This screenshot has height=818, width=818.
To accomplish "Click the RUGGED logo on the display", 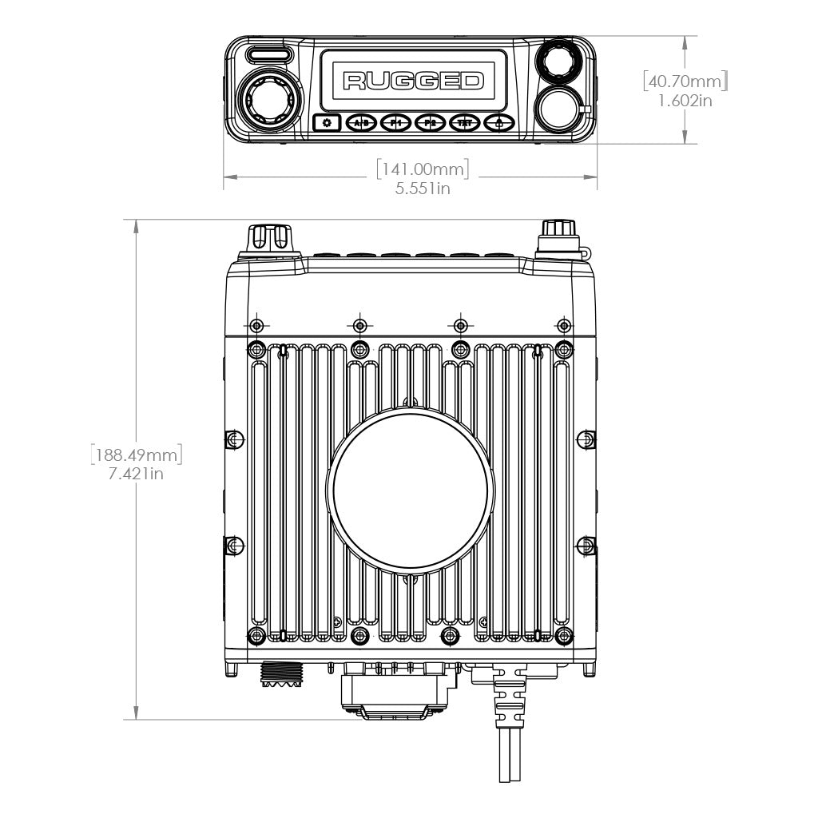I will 413,80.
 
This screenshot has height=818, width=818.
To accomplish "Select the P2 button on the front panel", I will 430,123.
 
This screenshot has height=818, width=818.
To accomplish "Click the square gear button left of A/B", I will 326,123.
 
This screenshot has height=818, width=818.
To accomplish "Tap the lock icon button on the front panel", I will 498,123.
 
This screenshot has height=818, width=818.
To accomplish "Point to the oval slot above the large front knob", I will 268,55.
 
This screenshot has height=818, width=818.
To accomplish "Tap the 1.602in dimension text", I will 685,101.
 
